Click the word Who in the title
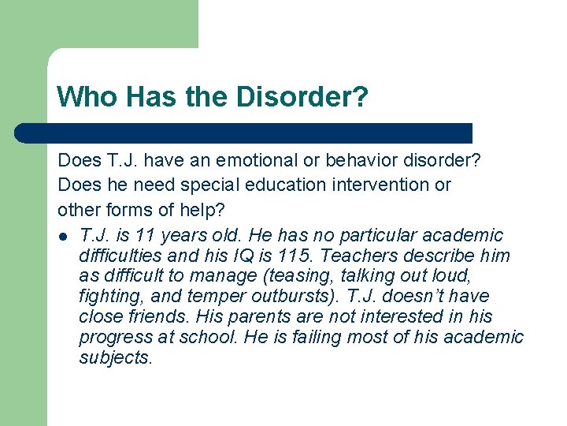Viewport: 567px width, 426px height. click(80, 97)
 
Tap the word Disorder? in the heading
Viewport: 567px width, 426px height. click(300, 97)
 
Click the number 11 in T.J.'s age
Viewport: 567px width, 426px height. click(145, 235)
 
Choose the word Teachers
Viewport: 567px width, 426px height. click(356, 256)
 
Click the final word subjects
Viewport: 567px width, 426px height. click(116, 358)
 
